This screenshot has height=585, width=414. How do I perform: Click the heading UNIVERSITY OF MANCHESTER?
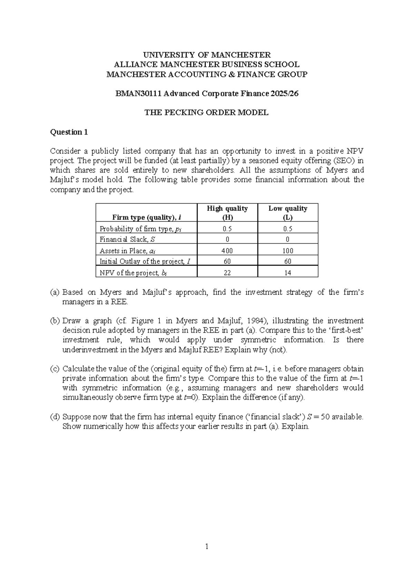coord(207,55)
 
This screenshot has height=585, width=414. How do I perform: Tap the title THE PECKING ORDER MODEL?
coord(206,112)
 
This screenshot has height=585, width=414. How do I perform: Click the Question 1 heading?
coord(69,132)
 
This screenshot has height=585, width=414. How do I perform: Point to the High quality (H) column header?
coord(227,212)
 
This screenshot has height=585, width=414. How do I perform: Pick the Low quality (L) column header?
coord(288,212)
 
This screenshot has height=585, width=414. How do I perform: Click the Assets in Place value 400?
coord(227,251)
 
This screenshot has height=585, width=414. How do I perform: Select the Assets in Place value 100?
coord(288,251)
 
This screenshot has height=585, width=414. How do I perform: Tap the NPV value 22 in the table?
coord(227,272)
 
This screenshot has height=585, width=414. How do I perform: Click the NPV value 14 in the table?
coord(288,272)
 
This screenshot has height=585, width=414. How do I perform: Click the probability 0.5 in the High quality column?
coord(227,229)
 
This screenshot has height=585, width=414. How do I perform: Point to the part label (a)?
coord(55,292)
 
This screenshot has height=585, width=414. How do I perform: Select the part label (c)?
coord(55,368)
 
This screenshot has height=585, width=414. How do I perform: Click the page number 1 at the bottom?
coord(207,546)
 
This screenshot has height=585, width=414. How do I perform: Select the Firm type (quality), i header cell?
coord(147,217)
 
